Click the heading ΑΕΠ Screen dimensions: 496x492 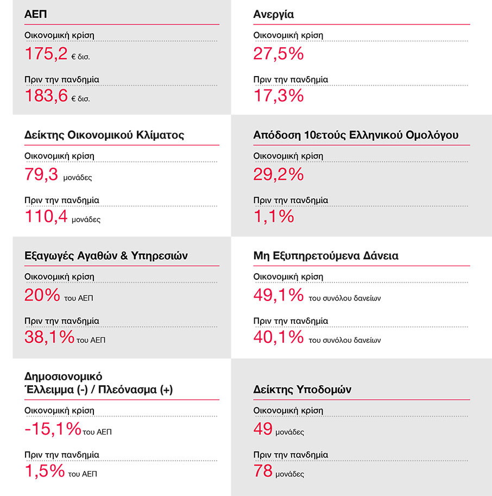coord(35,14)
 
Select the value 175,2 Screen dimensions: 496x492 coord(46,54)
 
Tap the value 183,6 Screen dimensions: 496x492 coord(46,96)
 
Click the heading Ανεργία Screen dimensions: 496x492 coord(273,14)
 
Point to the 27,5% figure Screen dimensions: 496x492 coord(278,54)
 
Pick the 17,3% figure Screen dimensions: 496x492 coord(278,96)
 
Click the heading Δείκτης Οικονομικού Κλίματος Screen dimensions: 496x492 coord(104,135)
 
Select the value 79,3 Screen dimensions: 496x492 coord(42,174)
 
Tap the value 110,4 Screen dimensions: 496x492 coord(46,217)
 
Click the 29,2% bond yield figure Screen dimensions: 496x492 coord(278,174)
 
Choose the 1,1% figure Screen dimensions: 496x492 coord(274,217)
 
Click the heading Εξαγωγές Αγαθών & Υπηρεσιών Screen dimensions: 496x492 coord(106,255)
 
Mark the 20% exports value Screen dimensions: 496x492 coord(42,295)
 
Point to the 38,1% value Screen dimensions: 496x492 coord(49,337)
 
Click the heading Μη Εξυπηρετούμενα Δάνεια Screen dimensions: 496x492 coord(326,255)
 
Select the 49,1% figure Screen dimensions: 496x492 coord(278,295)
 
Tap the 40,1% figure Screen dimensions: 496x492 coord(278,337)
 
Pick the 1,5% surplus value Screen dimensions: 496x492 coord(45,470)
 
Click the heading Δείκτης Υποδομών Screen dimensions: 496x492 coord(302,390)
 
